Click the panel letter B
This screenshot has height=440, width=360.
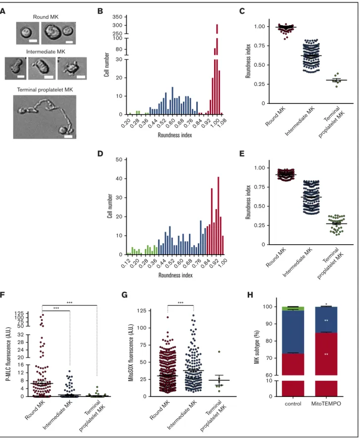(100, 11)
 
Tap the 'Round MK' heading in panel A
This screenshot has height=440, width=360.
(45, 17)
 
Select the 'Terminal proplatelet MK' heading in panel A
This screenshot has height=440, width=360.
(45, 89)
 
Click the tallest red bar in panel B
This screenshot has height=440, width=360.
(217, 70)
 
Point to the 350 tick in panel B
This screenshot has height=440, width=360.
(117, 17)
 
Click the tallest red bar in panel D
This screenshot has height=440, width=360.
(218, 216)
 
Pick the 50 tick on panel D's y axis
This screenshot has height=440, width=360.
(119, 159)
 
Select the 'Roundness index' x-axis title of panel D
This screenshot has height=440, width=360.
(176, 275)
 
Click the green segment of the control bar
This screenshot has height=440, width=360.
(293, 308)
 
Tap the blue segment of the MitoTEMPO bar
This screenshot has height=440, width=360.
(326, 319)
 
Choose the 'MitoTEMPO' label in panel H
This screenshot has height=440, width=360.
(326, 403)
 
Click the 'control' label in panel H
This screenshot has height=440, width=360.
(293, 403)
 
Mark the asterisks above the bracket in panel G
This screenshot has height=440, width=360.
(180, 303)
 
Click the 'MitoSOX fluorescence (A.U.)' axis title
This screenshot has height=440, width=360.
(131, 352)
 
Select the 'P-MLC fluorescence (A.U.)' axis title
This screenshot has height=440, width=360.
(9, 354)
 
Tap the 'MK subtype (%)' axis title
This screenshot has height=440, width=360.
(257, 347)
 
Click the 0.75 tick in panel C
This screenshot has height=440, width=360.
(259, 45)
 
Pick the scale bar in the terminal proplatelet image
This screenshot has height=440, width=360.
(68, 136)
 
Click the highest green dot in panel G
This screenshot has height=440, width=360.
(219, 352)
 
